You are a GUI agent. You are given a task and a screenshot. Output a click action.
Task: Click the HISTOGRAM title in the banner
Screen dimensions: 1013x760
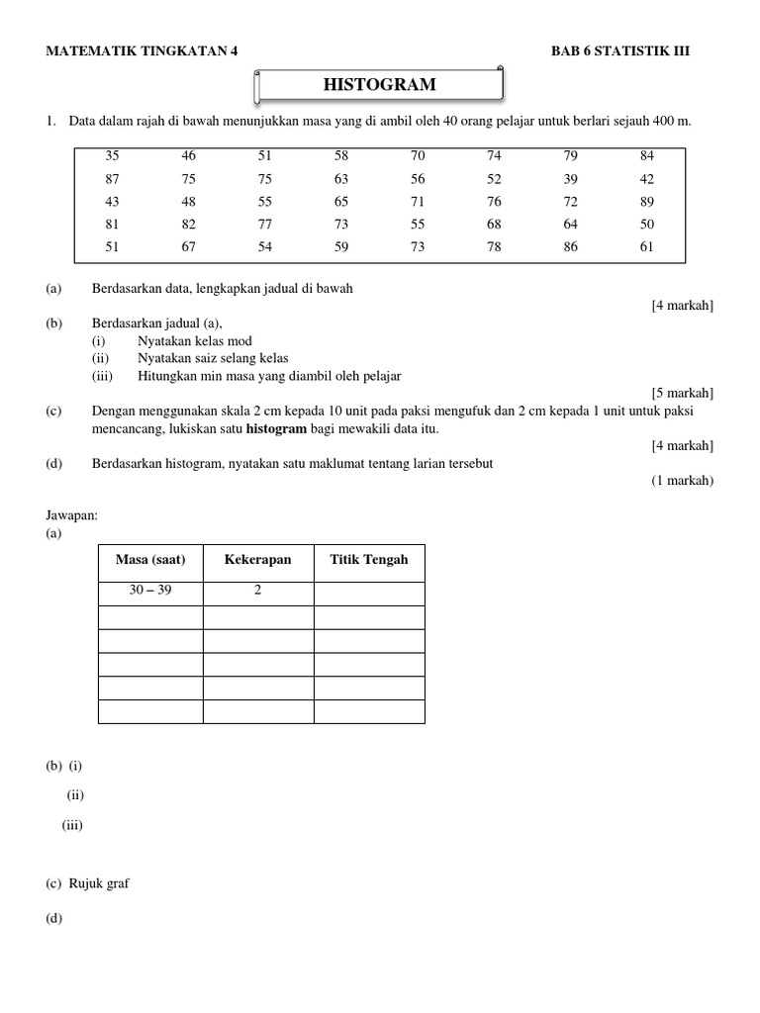tap(379, 85)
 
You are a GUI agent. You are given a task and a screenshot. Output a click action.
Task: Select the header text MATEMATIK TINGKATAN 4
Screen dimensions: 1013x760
tap(142, 52)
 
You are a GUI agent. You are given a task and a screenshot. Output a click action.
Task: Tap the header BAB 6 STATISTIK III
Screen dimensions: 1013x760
tap(620, 52)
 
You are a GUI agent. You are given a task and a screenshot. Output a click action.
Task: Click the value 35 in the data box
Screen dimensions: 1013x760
tap(112, 156)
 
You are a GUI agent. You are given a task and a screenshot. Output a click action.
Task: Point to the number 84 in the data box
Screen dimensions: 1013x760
tap(647, 156)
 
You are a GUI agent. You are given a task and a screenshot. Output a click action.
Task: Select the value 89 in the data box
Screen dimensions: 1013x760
tap(647, 202)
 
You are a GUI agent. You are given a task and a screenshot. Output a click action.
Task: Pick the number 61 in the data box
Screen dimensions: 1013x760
tap(647, 247)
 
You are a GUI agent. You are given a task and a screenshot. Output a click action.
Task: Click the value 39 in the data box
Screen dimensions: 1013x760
tap(571, 179)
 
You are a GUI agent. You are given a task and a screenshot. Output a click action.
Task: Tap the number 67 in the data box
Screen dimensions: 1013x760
tap(188, 247)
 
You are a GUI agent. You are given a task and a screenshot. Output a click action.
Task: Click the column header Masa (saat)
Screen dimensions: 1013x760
tap(150, 560)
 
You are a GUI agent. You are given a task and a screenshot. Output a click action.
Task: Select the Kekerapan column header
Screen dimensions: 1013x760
tap(257, 560)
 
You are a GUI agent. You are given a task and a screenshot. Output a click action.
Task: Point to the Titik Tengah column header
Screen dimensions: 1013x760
tap(368, 560)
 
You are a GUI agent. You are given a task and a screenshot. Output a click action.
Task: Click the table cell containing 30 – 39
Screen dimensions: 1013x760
tap(150, 591)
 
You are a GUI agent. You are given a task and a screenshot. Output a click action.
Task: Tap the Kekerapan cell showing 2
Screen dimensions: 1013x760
tap(257, 591)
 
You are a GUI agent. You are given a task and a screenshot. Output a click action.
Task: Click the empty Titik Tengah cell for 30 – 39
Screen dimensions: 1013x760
tap(369, 593)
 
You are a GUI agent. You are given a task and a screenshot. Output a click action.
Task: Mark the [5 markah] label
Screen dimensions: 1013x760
tap(682, 393)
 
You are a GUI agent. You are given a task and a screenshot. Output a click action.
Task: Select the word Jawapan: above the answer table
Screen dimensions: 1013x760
tap(72, 515)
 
